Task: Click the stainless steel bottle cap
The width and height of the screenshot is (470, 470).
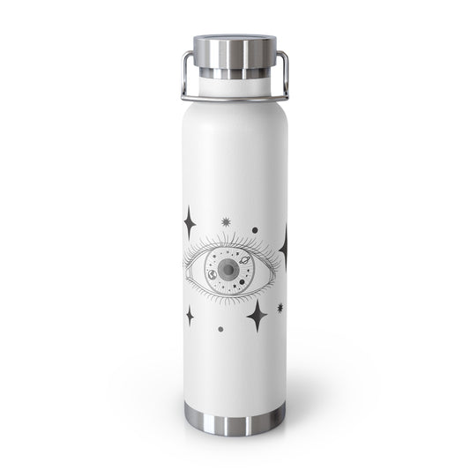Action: coord(235,48)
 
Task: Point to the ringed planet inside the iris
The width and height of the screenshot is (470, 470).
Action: coord(243,259)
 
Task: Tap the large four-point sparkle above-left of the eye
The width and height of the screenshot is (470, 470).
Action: coord(189,220)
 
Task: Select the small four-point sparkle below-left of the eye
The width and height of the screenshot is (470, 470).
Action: coord(189,315)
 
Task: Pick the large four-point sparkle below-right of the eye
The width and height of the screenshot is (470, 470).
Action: coord(257,315)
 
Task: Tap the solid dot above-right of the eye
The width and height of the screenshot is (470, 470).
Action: coord(255,230)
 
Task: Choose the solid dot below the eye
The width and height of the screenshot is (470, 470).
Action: coord(220,329)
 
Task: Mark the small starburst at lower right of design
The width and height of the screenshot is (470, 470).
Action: coord(280,308)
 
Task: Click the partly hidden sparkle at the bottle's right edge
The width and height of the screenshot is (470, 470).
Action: coord(286,242)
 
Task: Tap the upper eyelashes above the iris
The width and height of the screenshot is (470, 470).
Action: coord(229,240)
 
